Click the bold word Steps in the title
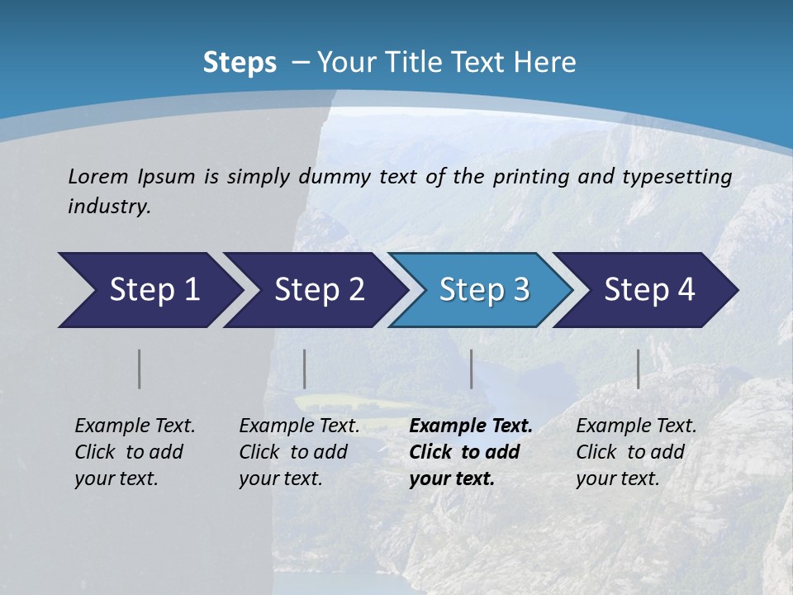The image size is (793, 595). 240,63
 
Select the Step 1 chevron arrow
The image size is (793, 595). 149,289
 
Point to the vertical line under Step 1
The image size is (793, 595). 140,369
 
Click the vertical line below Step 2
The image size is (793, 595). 305,369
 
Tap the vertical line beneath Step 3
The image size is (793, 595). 472,369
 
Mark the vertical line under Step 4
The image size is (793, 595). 639,369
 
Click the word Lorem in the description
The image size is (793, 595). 97,176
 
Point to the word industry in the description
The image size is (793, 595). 108,207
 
